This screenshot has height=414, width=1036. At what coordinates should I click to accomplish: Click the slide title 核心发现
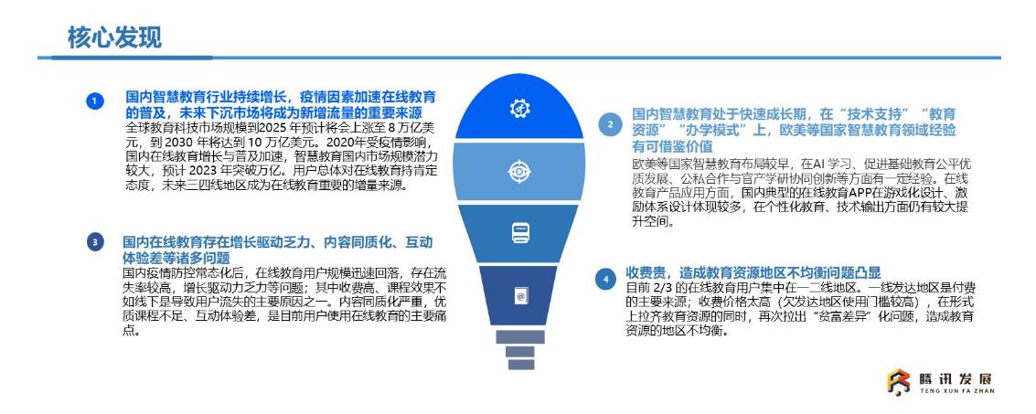click(113, 37)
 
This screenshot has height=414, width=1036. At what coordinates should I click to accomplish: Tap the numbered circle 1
click(94, 101)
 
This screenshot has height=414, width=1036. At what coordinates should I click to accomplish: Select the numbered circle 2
click(610, 123)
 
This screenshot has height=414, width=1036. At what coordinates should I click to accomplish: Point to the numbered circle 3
click(94, 242)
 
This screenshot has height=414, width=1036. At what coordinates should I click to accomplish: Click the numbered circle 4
click(604, 280)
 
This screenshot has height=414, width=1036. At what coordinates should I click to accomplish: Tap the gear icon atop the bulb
click(519, 108)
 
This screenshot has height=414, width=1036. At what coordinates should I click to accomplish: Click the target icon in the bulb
click(519, 172)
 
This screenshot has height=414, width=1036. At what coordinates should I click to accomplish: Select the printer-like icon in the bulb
click(520, 232)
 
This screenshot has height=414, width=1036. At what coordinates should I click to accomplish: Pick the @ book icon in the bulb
click(520, 296)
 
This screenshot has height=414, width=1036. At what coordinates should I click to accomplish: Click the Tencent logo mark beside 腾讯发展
click(898, 382)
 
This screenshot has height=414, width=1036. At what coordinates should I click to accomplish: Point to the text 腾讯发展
click(955, 379)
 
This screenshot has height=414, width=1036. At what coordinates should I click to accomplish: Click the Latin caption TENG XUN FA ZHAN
click(956, 391)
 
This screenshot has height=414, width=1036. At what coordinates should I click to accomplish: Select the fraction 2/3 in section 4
click(664, 288)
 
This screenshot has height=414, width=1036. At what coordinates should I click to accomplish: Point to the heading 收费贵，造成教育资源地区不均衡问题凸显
click(753, 273)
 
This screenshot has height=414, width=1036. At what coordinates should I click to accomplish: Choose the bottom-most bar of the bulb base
click(520, 365)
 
